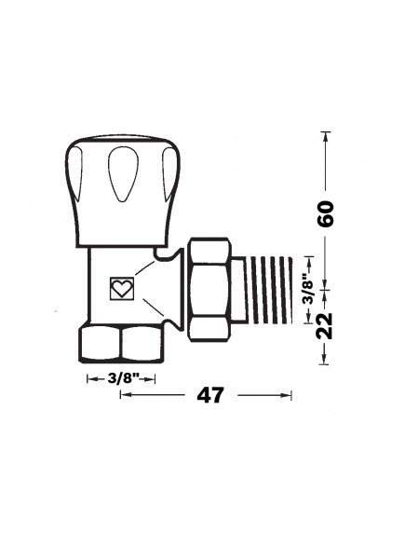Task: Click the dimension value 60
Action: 325,214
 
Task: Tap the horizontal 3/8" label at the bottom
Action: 121,378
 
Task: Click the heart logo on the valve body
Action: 121,288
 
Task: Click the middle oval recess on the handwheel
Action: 121,177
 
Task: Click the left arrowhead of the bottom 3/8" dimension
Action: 90,378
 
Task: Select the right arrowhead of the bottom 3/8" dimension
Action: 152,378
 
